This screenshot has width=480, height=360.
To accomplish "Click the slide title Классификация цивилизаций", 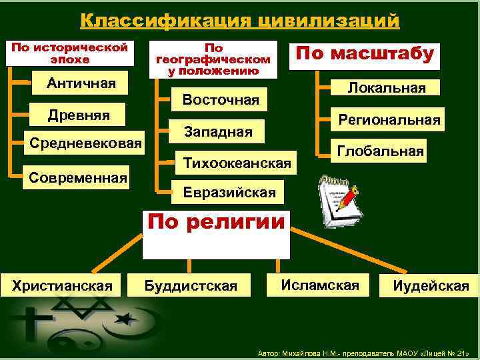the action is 240,20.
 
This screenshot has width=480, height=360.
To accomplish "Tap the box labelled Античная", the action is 81,84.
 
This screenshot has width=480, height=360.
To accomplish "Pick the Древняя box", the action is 79,115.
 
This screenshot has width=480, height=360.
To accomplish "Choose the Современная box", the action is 77,178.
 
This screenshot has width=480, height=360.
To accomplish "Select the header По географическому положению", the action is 213,59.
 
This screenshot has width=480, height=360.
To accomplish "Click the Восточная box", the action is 221,100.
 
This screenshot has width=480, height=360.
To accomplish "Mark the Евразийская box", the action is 229,193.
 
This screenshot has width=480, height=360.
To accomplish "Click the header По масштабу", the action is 364,54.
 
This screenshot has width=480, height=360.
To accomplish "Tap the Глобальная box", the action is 380,151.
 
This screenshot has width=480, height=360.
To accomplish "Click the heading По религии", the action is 216,223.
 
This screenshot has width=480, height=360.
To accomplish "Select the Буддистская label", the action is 191,286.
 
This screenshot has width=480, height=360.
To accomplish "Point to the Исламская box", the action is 320,285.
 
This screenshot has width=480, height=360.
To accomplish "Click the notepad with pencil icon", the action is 337,199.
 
